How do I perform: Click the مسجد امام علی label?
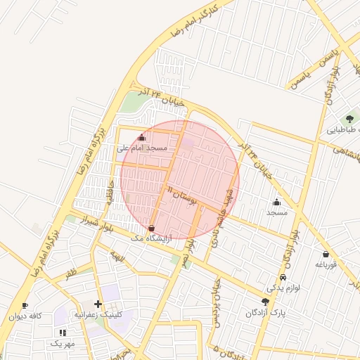tap(141, 148)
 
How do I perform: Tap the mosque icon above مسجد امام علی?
tap(142, 138)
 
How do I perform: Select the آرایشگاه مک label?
tap(151, 239)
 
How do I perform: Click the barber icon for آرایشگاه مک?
tap(153, 228)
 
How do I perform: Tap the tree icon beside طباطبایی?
tap(349, 119)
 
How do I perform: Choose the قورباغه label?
tap(326, 264)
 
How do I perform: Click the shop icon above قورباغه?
tap(326, 254)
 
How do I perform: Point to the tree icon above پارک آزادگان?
tap(264, 302)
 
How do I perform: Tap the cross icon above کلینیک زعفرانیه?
tap(98, 304)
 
